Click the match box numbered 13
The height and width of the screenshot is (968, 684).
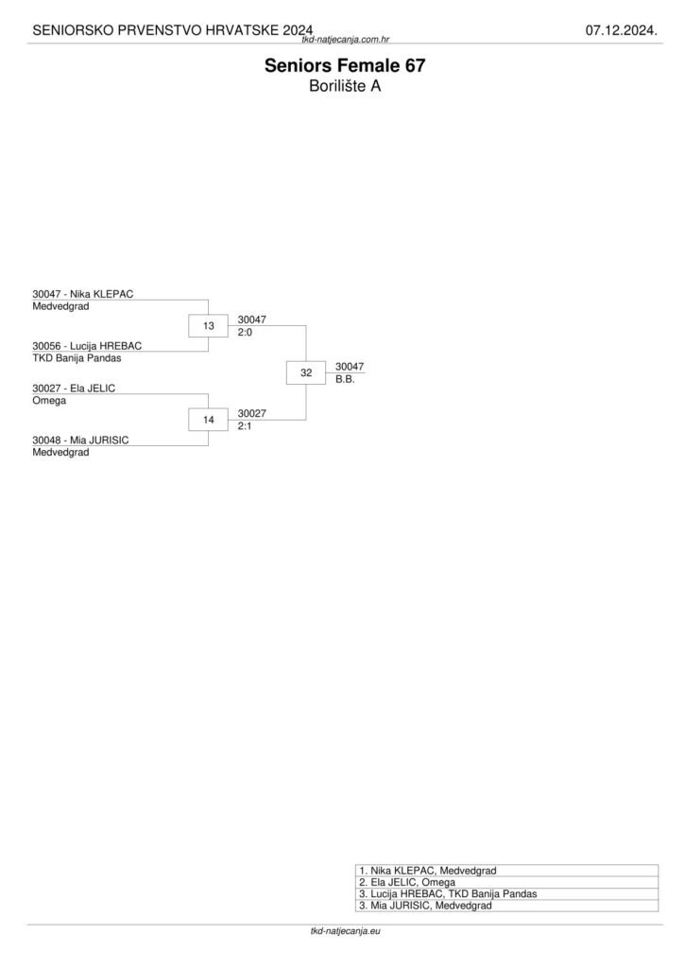click(209, 326)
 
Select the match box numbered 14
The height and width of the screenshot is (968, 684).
click(209, 420)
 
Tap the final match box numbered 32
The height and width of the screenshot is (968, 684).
click(306, 373)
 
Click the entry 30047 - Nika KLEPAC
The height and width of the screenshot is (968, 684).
click(83, 294)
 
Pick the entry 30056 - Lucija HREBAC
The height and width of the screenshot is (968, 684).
click(87, 346)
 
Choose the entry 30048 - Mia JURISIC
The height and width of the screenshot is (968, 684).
click(80, 440)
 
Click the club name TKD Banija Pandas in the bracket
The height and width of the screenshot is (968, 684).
click(77, 358)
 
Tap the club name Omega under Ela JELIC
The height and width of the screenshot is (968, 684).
click(49, 400)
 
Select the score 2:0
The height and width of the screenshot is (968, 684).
click(246, 333)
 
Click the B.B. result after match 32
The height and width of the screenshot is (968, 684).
click(345, 379)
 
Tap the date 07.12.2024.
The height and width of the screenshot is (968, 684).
click(621, 30)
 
